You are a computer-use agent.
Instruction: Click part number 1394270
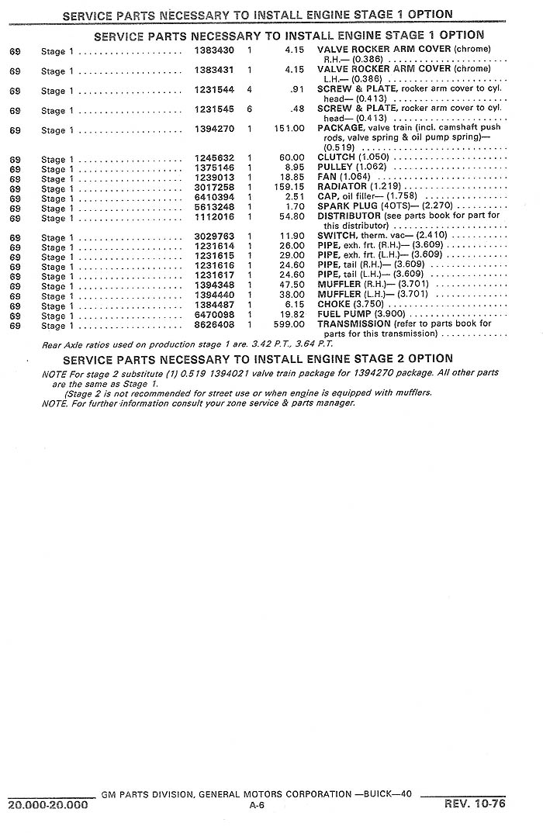tap(213, 129)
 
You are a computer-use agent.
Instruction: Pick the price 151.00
tap(289, 129)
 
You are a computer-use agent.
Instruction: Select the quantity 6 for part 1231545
tap(250, 109)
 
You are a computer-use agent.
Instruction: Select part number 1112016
tap(213, 218)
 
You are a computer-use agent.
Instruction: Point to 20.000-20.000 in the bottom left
tap(47, 805)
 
